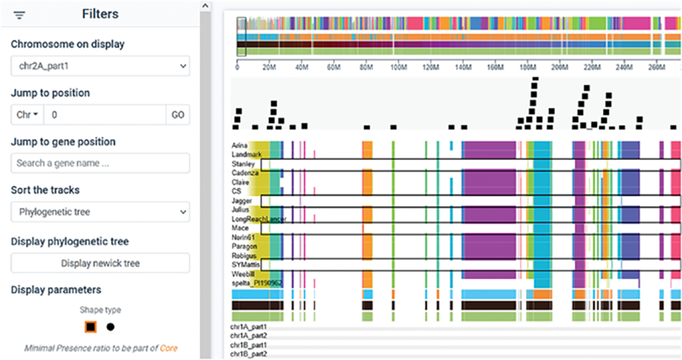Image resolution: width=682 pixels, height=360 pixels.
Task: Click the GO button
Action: coord(178,115)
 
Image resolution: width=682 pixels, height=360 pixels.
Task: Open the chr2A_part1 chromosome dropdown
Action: coord(100,66)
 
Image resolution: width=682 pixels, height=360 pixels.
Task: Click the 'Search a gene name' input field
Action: coord(100,163)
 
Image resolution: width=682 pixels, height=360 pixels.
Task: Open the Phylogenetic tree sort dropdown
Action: coord(100,212)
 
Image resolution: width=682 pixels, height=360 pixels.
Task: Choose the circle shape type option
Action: coord(110,327)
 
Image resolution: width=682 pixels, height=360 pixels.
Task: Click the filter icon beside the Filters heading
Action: coord(20,15)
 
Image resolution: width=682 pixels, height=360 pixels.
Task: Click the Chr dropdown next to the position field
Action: coord(27,115)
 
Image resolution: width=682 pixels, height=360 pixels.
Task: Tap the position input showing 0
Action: coord(105,115)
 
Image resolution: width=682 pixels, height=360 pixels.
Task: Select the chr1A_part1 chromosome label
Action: coord(248,328)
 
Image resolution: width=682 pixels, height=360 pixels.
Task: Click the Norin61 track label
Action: coord(243,237)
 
